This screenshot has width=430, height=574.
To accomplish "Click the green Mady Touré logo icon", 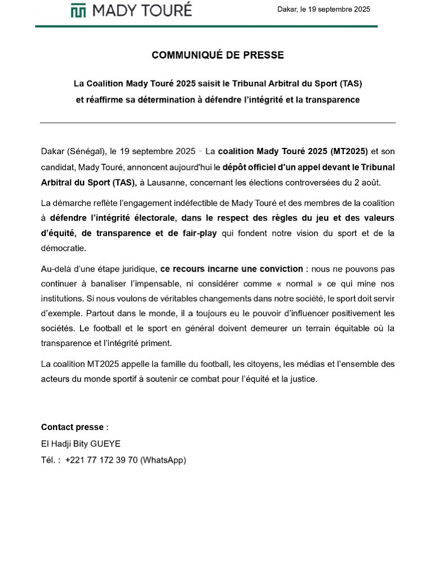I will click(78, 10).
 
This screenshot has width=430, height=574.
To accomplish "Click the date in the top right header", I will click(323, 9).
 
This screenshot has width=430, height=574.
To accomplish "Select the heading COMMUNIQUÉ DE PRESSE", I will click(218, 55).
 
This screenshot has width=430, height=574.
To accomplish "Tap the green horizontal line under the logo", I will click(206, 26).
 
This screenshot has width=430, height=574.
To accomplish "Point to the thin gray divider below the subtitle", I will click(218, 122).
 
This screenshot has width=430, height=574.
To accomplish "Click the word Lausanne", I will click(168, 183).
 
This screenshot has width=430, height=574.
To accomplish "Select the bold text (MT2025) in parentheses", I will click(349, 151).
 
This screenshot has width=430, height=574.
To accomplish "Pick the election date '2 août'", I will click(367, 183).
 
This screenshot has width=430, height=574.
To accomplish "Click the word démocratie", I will click(64, 248).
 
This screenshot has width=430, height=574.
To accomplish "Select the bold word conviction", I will click(277, 269).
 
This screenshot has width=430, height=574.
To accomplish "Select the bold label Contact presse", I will click(72, 427).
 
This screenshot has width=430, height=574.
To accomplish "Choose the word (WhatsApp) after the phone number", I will click(163, 460).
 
